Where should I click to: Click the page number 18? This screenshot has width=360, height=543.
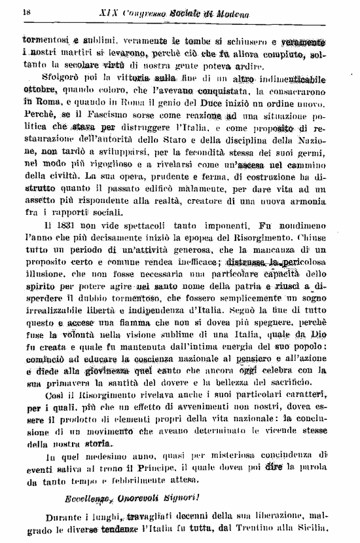click(x=27, y=11)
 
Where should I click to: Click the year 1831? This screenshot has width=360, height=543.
click(x=66, y=227)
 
